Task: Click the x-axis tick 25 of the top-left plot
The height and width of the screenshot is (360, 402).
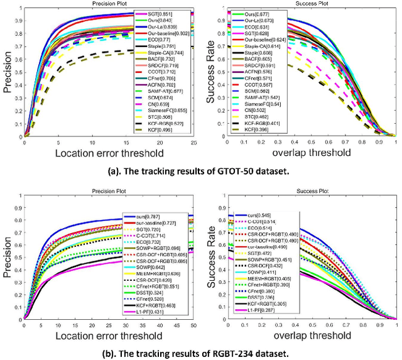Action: click(193, 143)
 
